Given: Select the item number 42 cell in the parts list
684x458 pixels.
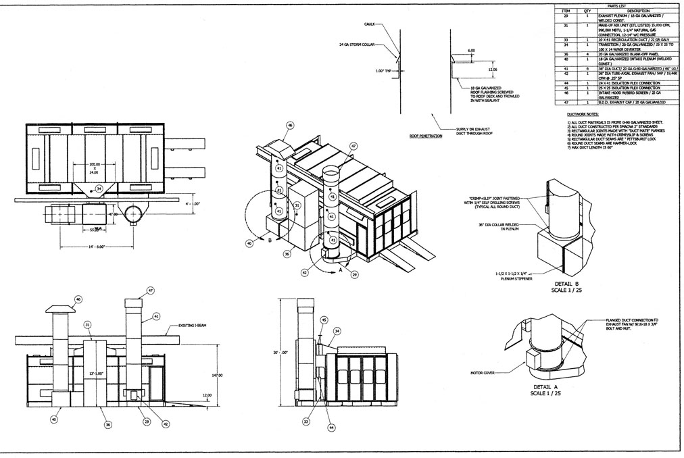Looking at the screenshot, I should pyautogui.click(x=568, y=72).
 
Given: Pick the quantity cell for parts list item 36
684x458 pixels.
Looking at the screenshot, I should pyautogui.click(x=588, y=54).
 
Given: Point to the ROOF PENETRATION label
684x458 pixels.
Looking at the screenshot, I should pyautogui.click(x=426, y=136).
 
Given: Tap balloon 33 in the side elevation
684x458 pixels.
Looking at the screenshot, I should pyautogui.click(x=306, y=421).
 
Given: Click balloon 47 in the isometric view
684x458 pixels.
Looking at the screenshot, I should pyautogui.click(x=353, y=145).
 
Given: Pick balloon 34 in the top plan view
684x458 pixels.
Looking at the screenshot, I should pyautogui.click(x=99, y=189).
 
